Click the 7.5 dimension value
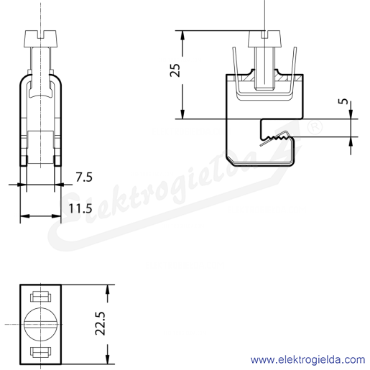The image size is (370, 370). [x=84, y=177]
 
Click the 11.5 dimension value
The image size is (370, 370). [x=80, y=208]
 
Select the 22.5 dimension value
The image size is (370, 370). [x=101, y=323]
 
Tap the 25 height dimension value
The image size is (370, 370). [x=175, y=70]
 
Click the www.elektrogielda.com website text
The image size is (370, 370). [x=307, y=360]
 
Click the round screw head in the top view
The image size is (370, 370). [x=41, y=325]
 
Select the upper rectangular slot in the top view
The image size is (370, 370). [x=41, y=297]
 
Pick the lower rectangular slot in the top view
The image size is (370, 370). [x=41, y=351]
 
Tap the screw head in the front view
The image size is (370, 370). [x=41, y=39]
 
